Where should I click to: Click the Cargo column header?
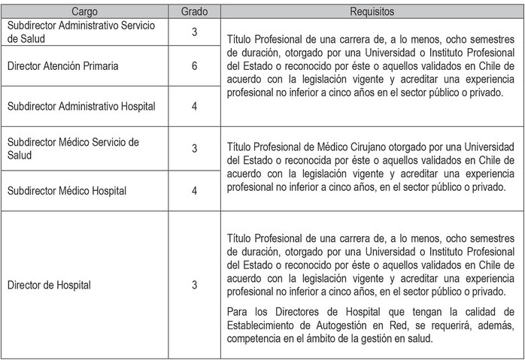pyautogui.click(x=89, y=12)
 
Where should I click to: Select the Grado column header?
pyautogui.click(x=195, y=12)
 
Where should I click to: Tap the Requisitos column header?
pyautogui.click(x=372, y=12)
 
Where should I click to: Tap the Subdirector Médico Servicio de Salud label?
pyautogui.click(x=72, y=148)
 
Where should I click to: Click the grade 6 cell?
pyautogui.click(x=195, y=67)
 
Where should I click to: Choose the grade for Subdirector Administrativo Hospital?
pyautogui.click(x=195, y=107)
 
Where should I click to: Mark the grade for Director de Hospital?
pyautogui.click(x=195, y=285)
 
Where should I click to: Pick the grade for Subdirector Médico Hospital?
pyautogui.click(x=195, y=191)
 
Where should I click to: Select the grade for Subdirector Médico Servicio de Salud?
pyautogui.click(x=195, y=149)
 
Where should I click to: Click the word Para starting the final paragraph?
pyautogui.click(x=235, y=311)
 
